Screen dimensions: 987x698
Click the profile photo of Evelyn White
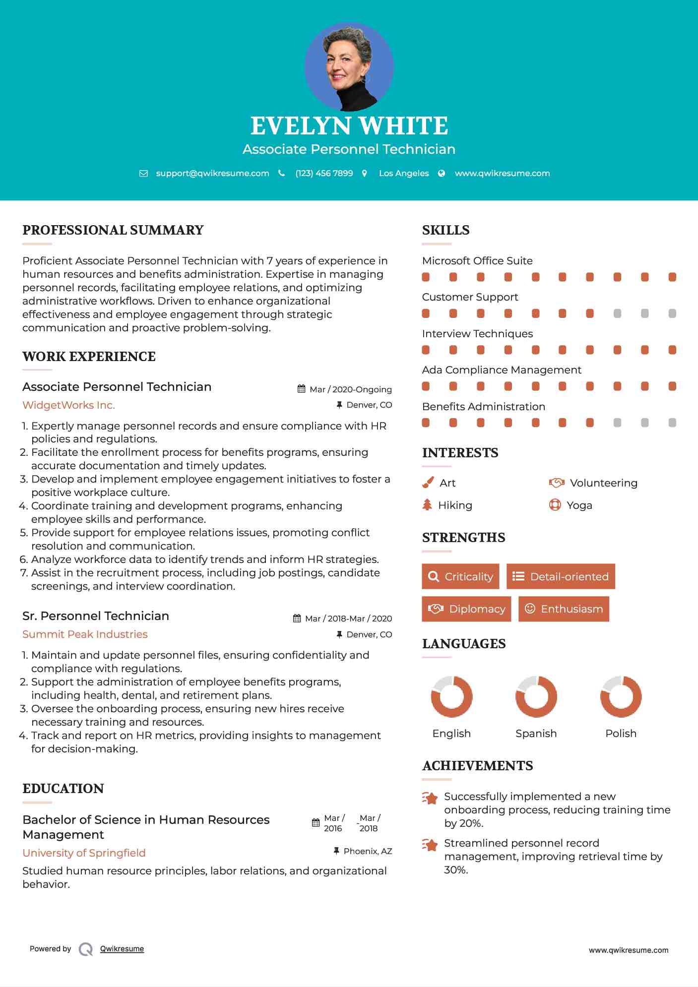tap(349, 66)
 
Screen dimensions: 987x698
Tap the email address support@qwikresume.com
tap(212, 174)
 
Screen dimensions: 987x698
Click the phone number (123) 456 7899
tap(324, 174)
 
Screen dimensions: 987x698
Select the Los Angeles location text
tap(404, 174)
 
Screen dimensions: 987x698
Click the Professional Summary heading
tap(113, 230)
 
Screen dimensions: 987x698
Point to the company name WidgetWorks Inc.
tap(68, 405)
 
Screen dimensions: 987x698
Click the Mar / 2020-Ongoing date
tap(350, 390)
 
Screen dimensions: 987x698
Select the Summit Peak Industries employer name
tap(85, 634)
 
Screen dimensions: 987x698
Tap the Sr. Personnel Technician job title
tap(96, 616)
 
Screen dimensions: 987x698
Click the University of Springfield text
tap(84, 853)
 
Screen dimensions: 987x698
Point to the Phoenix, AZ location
tap(368, 851)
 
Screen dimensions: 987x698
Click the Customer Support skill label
tap(470, 297)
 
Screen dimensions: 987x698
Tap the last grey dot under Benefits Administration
tap(672, 423)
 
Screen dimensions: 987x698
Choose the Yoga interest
tap(579, 505)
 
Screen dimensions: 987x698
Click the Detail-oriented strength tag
tap(561, 577)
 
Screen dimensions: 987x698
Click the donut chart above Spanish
tap(536, 696)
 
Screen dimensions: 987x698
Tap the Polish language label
tap(621, 734)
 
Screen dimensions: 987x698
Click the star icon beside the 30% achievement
tap(431, 845)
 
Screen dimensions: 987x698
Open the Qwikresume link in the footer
tap(122, 949)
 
